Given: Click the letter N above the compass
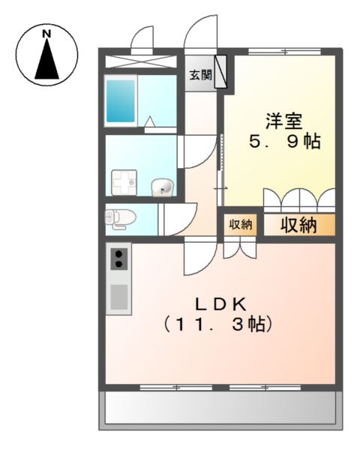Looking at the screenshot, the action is coord(46,34).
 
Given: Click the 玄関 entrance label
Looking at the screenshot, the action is coord(200,75).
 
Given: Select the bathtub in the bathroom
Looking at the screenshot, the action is coord(121,101).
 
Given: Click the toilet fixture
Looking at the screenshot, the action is coord(120,219).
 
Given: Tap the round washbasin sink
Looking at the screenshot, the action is coord(162,187).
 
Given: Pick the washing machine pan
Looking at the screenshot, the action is coord(124,182).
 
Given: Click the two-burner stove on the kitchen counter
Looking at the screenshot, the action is coord(118,259).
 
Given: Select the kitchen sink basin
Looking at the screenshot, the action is coord(118,297).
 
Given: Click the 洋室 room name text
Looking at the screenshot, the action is coord(283,121).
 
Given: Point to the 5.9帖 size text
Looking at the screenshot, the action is coord(284,142).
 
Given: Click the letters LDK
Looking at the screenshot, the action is coord(220,304).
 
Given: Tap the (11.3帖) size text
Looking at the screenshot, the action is coord(218,324).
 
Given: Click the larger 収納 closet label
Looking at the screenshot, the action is coord(298,225).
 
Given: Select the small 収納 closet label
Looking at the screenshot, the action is coord(240,224).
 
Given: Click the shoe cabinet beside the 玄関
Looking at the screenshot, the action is coord(220,71).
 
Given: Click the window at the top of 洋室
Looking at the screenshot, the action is coord(284,52).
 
